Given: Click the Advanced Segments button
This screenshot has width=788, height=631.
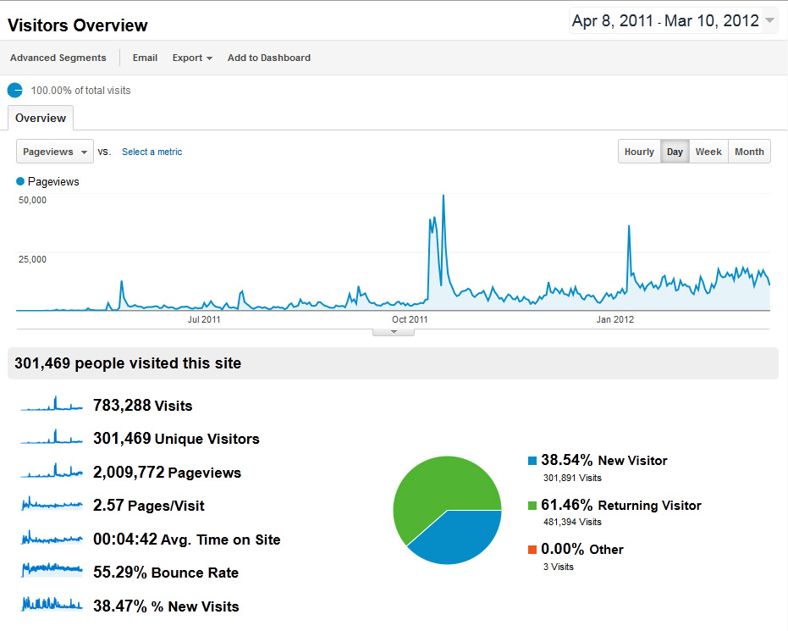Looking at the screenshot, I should pyautogui.click(x=58, y=58).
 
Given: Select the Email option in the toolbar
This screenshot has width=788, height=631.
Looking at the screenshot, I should pyautogui.click(x=145, y=58).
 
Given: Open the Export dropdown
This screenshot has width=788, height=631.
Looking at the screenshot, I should pyautogui.click(x=192, y=58).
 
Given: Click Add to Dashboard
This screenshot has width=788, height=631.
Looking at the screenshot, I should pyautogui.click(x=268, y=58).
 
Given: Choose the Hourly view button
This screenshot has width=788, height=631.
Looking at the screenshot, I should pyautogui.click(x=639, y=152).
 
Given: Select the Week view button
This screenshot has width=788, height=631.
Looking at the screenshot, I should pyautogui.click(x=708, y=152).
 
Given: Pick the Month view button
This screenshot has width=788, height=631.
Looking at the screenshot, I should pyautogui.click(x=749, y=152).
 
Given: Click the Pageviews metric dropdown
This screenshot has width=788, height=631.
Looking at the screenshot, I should pyautogui.click(x=55, y=152).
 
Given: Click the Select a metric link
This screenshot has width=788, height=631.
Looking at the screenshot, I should pyautogui.click(x=152, y=152).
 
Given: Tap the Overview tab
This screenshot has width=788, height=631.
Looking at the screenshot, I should pyautogui.click(x=41, y=118).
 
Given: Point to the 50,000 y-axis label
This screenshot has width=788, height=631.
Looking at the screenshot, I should pyautogui.click(x=32, y=200).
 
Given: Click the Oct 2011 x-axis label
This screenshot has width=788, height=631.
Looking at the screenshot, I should pyautogui.click(x=410, y=319).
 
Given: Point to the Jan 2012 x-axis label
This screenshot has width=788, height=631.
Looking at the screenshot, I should pyautogui.click(x=615, y=319).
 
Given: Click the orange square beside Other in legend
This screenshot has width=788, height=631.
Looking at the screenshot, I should pyautogui.click(x=532, y=549).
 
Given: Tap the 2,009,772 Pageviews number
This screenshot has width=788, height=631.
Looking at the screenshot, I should pyautogui.click(x=128, y=473).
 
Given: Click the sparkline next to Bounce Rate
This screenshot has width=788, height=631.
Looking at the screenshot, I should pyautogui.click(x=52, y=572).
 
